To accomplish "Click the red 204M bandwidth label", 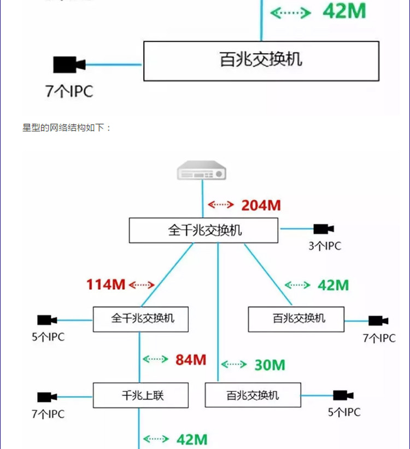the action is click(x=261, y=205).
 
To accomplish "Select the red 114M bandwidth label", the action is click(x=106, y=284).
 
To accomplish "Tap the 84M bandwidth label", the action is click(x=191, y=360).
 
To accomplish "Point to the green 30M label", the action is click(x=270, y=365).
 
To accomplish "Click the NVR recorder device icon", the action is click(x=202, y=170).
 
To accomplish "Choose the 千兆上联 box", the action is click(x=140, y=395).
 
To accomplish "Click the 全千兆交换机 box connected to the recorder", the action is click(x=203, y=230).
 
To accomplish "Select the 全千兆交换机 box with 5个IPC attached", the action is click(x=140, y=319).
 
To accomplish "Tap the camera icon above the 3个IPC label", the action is click(x=324, y=229).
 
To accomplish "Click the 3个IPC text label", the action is click(x=325, y=246).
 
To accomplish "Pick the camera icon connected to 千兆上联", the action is click(x=47, y=397).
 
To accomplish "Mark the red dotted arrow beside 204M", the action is click(x=221, y=205).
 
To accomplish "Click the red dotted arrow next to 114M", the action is click(x=142, y=284).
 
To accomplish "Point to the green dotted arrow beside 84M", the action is click(x=155, y=359).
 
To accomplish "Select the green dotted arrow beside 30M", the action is click(x=234, y=364).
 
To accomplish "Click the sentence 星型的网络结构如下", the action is click(x=63, y=127).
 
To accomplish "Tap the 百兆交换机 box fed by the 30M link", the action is click(x=253, y=395).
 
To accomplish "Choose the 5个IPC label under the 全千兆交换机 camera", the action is click(x=48, y=337).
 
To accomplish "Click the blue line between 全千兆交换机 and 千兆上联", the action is click(x=139, y=357).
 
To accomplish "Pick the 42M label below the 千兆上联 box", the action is click(x=192, y=440).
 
